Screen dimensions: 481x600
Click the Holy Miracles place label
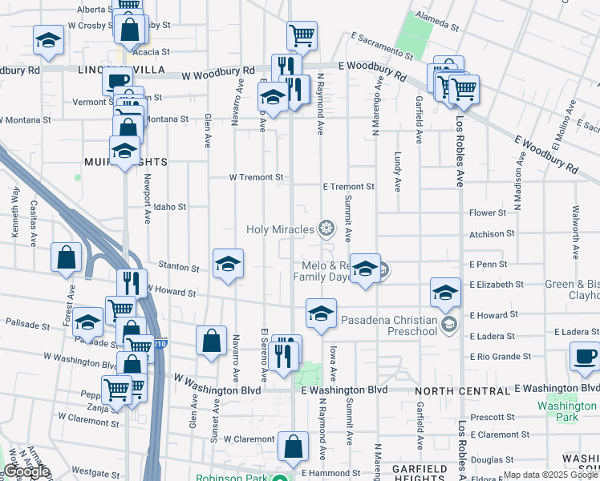tap(281, 230)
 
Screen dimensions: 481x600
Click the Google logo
tap(26, 471)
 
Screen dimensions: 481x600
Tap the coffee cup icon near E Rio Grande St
tap(585, 356)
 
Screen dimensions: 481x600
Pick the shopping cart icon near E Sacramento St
tap(302, 35)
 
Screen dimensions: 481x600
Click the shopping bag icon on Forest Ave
tap(67, 258)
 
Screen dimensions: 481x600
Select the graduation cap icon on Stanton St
tap(228, 264)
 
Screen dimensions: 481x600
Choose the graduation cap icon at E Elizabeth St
tap(445, 293)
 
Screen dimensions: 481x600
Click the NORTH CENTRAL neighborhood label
tap(463, 390)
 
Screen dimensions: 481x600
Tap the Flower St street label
tap(488, 213)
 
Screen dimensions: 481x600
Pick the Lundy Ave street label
tap(397, 172)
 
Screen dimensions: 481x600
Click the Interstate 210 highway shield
tap(160, 344)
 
